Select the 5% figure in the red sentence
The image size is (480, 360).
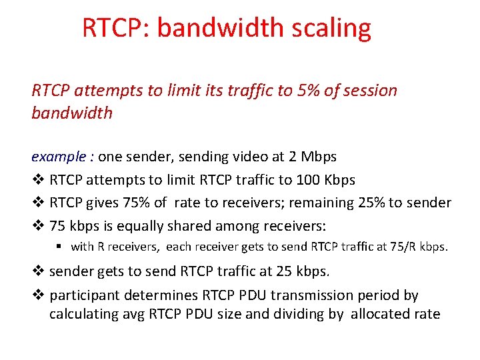pyautogui.click(x=308, y=91)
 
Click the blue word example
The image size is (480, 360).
pyautogui.click(x=59, y=157)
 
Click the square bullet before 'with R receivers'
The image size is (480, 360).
pyautogui.click(x=59, y=247)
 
